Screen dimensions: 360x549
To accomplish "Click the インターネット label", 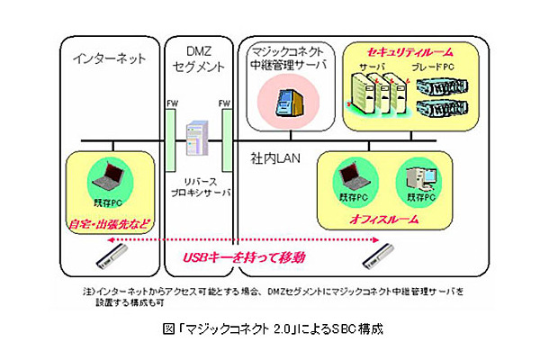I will click(107, 58).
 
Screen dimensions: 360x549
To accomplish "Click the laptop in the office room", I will click(349, 176).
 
